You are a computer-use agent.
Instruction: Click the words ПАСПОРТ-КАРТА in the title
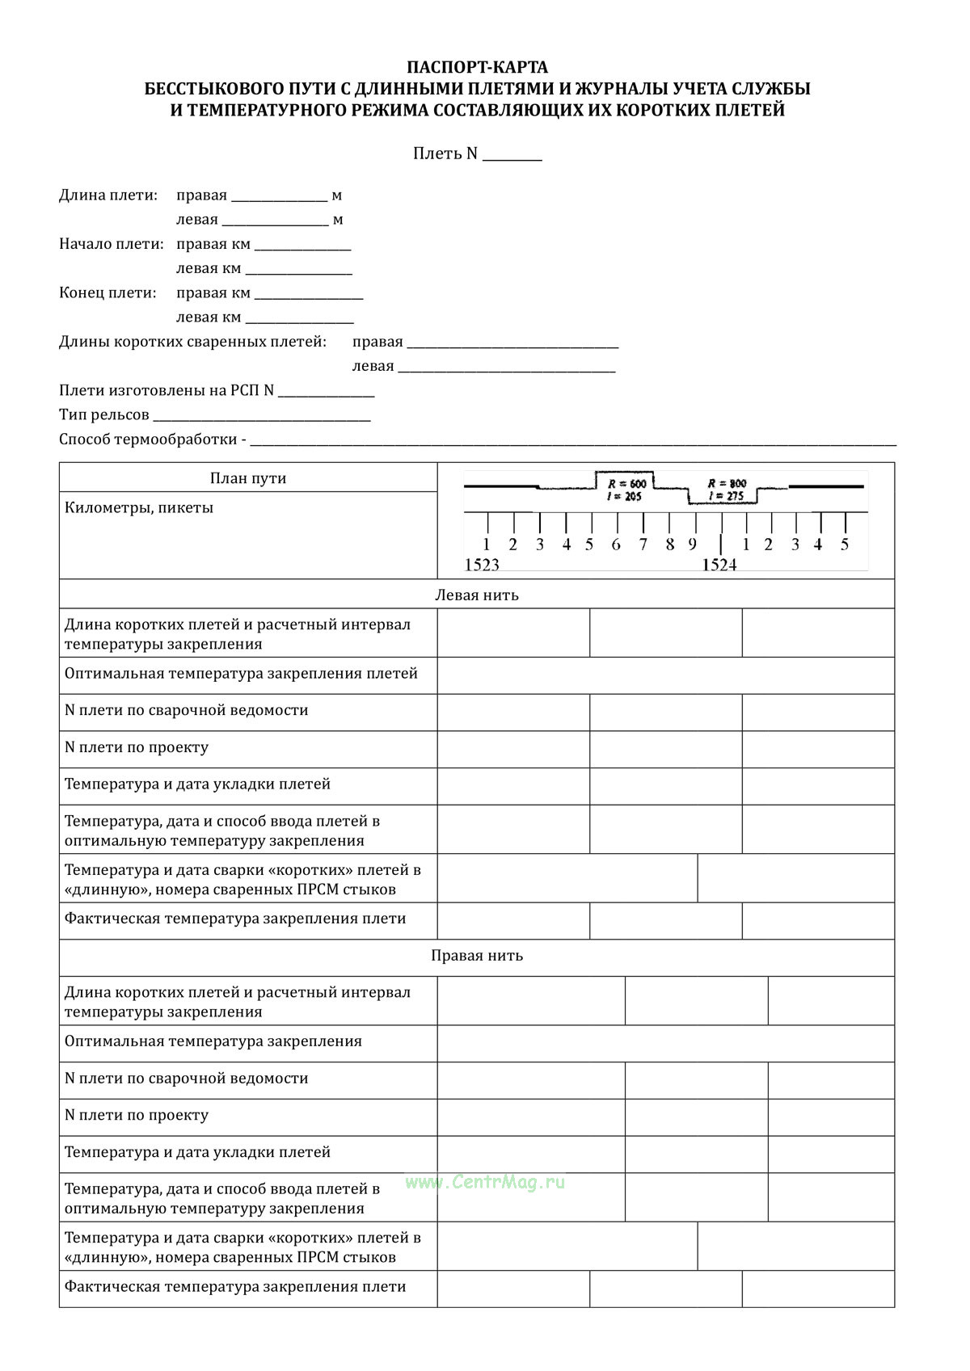point(477,67)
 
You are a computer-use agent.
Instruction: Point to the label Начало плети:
point(111,244)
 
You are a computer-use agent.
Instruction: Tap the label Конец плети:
point(108,293)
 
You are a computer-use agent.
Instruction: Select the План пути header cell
point(248,478)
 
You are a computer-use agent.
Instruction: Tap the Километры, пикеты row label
point(139,508)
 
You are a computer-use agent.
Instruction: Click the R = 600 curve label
point(626,483)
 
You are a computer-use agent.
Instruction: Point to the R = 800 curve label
point(727,483)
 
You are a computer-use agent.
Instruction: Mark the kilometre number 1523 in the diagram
point(482,565)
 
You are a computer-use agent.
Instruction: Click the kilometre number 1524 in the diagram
point(719,565)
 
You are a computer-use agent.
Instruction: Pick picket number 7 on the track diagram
point(643,545)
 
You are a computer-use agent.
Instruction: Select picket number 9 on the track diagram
point(693,545)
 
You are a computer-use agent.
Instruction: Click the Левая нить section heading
point(477,595)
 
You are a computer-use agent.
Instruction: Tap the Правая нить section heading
point(477,956)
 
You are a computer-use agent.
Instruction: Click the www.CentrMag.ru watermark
point(485,1182)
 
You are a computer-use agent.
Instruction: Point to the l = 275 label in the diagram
point(725,497)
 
